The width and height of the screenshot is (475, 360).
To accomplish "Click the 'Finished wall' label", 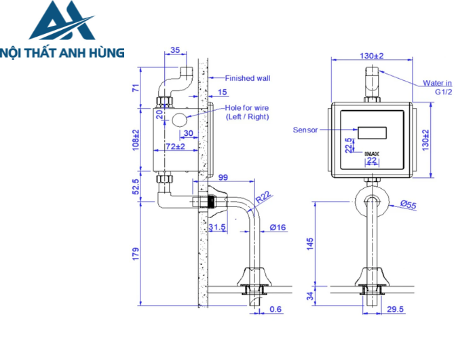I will [248, 78].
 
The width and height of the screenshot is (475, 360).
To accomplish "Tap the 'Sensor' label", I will [305, 130].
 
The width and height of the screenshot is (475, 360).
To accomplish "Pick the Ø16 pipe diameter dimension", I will [277, 228].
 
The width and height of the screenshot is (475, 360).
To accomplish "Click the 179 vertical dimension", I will [136, 253].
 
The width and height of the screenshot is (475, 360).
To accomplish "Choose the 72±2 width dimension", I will [176, 146].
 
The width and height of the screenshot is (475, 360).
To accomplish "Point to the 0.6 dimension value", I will [276, 309].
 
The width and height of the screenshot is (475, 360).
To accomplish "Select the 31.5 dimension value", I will [218, 228].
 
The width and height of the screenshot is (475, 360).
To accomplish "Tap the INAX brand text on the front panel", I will [372, 154].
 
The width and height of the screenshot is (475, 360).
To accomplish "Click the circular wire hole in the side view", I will [180, 121].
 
